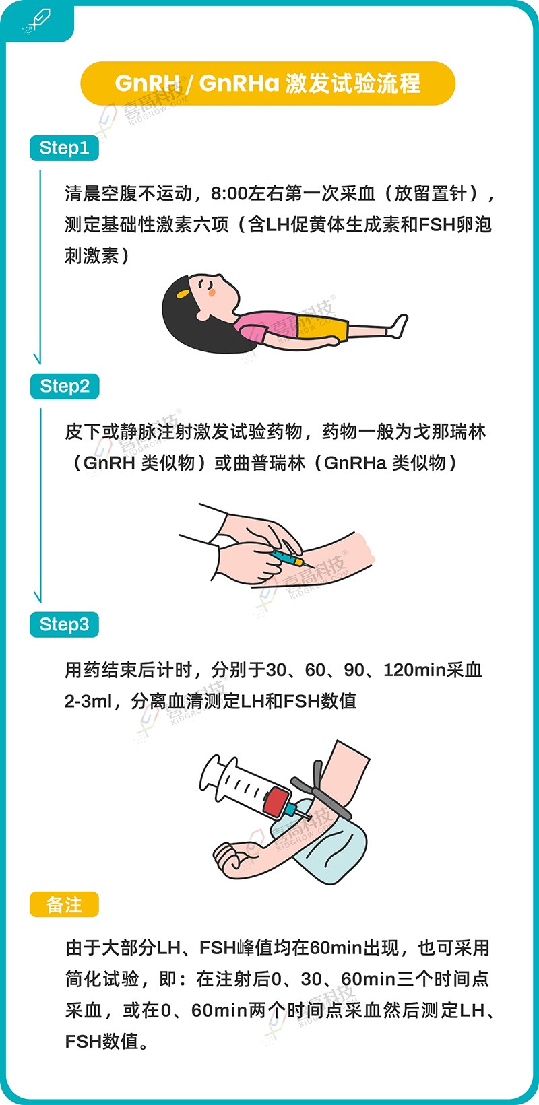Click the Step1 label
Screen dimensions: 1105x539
(65, 148)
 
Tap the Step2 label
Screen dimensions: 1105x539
(65, 387)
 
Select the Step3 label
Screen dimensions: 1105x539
(65, 624)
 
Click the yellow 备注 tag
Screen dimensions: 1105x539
(65, 905)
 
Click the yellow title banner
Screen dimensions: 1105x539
(267, 83)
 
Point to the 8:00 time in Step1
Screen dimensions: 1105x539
(229, 194)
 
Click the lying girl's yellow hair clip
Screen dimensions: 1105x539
(182, 294)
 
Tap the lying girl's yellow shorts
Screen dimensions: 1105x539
(331, 329)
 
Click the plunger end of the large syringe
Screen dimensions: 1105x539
(211, 772)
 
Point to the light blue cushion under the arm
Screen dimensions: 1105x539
(337, 842)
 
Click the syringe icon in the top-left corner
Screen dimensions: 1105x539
(36, 20)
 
